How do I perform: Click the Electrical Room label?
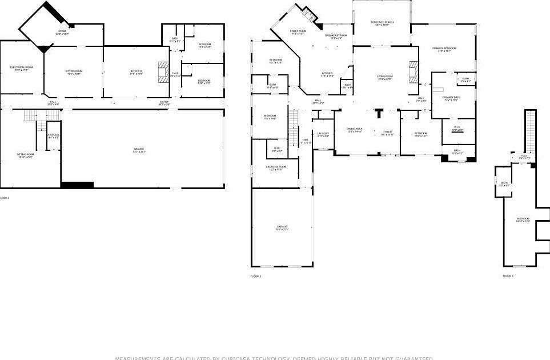tap(21, 68)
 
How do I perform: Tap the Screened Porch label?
tap(382, 23)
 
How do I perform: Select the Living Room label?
tap(384, 77)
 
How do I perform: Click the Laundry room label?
tap(323, 134)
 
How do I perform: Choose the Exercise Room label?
tap(276, 167)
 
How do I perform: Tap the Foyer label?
tap(388, 133)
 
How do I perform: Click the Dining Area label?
tap(355, 130)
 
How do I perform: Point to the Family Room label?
tap(298, 32)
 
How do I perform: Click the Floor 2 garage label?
tap(282, 228)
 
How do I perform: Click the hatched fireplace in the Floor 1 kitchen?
tap(163, 72)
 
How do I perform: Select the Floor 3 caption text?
tap(508, 276)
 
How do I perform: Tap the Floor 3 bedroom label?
tap(523, 219)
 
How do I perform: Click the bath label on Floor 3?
tap(504, 184)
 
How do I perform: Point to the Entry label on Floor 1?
tap(164, 103)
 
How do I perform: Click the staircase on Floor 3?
tap(531, 130)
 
